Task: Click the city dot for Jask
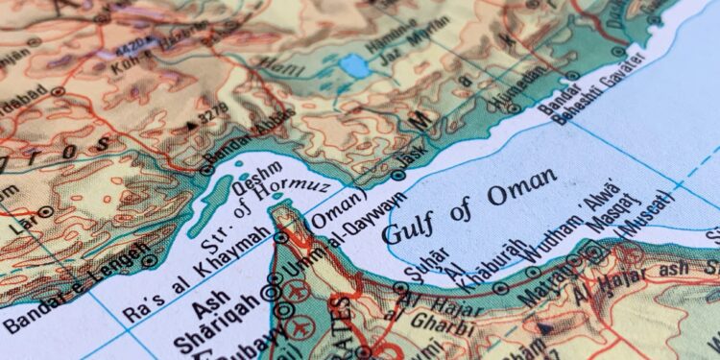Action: pyautogui.click(x=398, y=175)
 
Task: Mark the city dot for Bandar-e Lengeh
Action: pyautogui.click(x=148, y=260)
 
